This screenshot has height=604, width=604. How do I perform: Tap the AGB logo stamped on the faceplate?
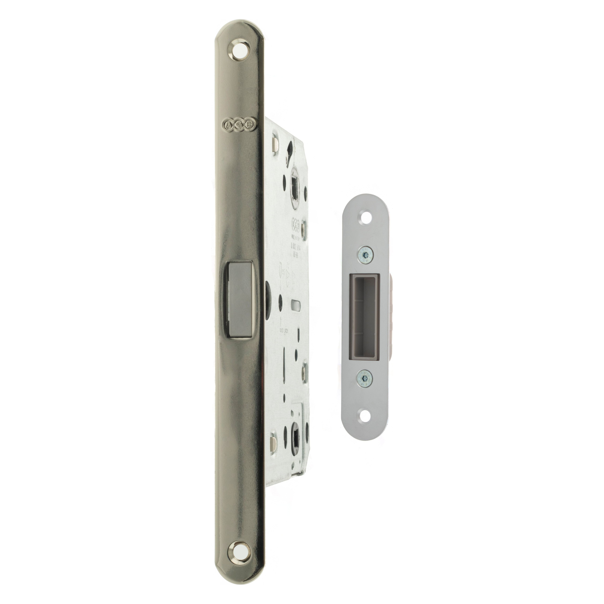click(x=239, y=124)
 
